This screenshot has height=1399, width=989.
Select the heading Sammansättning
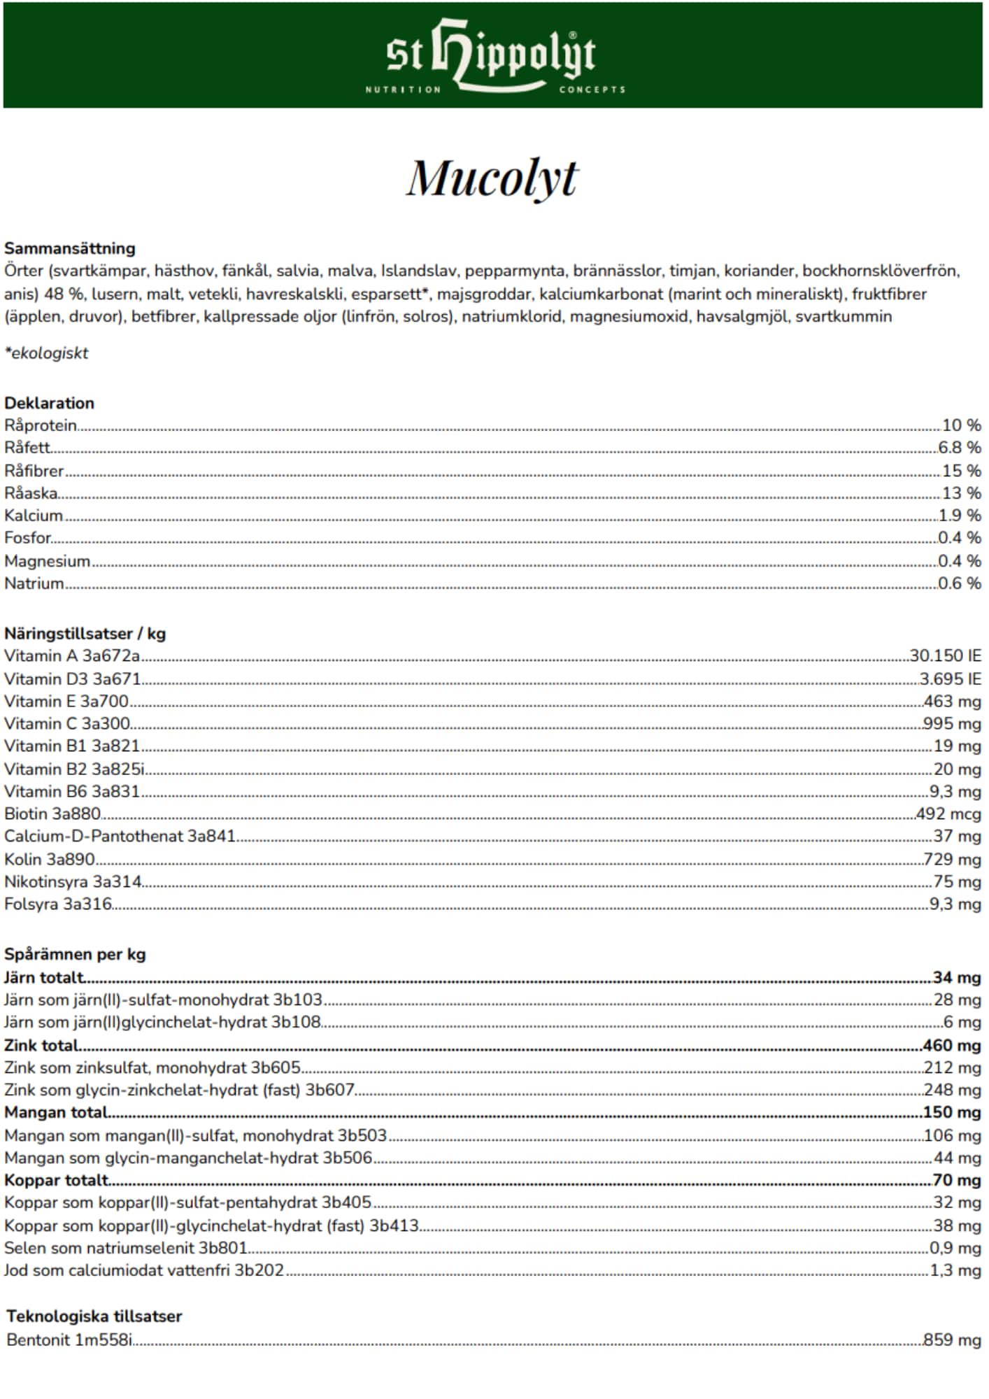[70, 248]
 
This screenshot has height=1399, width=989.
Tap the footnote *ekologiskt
[47, 353]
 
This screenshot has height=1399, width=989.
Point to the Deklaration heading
[49, 403]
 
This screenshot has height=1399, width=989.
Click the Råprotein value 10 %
[961, 425]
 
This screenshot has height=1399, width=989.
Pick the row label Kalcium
[34, 516]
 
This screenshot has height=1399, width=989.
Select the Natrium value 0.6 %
[959, 583]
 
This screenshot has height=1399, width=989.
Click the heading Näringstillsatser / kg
[85, 634]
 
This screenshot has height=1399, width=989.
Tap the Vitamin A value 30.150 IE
[945, 656]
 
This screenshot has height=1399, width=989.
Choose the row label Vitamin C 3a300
[67, 723]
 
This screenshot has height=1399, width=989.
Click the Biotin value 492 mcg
[948, 814]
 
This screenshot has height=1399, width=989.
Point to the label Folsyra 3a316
[58, 904]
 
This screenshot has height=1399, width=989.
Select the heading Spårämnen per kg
[75, 954]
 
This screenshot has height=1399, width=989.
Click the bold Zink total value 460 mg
[951, 1046]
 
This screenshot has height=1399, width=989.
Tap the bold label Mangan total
[56, 1112]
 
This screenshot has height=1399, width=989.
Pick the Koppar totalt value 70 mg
[956, 1180]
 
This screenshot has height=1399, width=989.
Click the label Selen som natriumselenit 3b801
[126, 1248]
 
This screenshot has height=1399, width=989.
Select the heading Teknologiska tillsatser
[94, 1316]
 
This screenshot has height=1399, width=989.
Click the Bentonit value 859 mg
[952, 1340]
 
